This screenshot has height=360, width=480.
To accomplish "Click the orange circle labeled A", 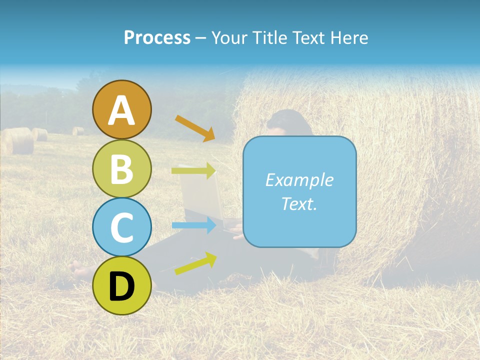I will click(x=122, y=109).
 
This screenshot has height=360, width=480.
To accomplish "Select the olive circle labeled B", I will click(x=122, y=168).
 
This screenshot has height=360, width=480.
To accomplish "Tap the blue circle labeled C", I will click(x=122, y=227).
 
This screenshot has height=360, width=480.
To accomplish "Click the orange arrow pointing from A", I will click(x=195, y=128).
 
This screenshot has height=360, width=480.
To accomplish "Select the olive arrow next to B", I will click(x=194, y=171).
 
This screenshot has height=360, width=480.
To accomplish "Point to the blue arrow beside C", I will click(x=194, y=225).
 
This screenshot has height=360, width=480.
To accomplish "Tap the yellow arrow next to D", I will click(x=195, y=263).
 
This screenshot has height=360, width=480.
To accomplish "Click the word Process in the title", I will click(x=157, y=37).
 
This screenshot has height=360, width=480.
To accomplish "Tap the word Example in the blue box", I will click(x=299, y=180).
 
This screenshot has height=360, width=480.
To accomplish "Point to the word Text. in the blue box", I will click(x=299, y=203).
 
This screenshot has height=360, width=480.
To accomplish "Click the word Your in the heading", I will click(x=229, y=37).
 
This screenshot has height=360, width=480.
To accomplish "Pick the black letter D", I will click(x=122, y=286).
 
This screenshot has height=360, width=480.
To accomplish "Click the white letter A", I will click(x=122, y=110).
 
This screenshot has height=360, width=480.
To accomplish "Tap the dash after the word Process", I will click(x=201, y=38).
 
